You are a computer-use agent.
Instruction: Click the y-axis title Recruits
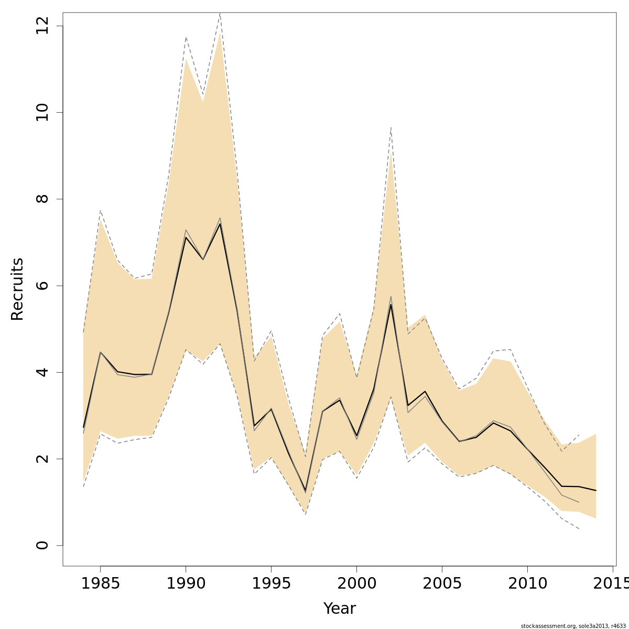click(17, 289)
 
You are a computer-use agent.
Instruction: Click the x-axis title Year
click(339, 609)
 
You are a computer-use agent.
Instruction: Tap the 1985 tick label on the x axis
click(101, 583)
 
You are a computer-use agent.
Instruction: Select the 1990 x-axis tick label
click(186, 583)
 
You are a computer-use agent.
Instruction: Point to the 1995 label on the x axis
click(271, 583)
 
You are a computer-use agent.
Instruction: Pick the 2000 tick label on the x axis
click(356, 583)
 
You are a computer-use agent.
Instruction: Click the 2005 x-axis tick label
click(442, 583)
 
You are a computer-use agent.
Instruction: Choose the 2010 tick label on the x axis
click(527, 583)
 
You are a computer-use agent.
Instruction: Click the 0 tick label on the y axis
click(42, 545)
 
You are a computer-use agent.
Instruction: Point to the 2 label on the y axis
click(42, 459)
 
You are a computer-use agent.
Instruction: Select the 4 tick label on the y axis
click(42, 372)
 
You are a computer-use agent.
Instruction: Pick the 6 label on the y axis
click(42, 286)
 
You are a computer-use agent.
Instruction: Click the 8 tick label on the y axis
click(42, 199)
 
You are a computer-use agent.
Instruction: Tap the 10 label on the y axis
click(42, 113)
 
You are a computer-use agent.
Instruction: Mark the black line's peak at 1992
click(220, 224)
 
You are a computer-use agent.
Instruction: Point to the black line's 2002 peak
click(391, 305)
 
